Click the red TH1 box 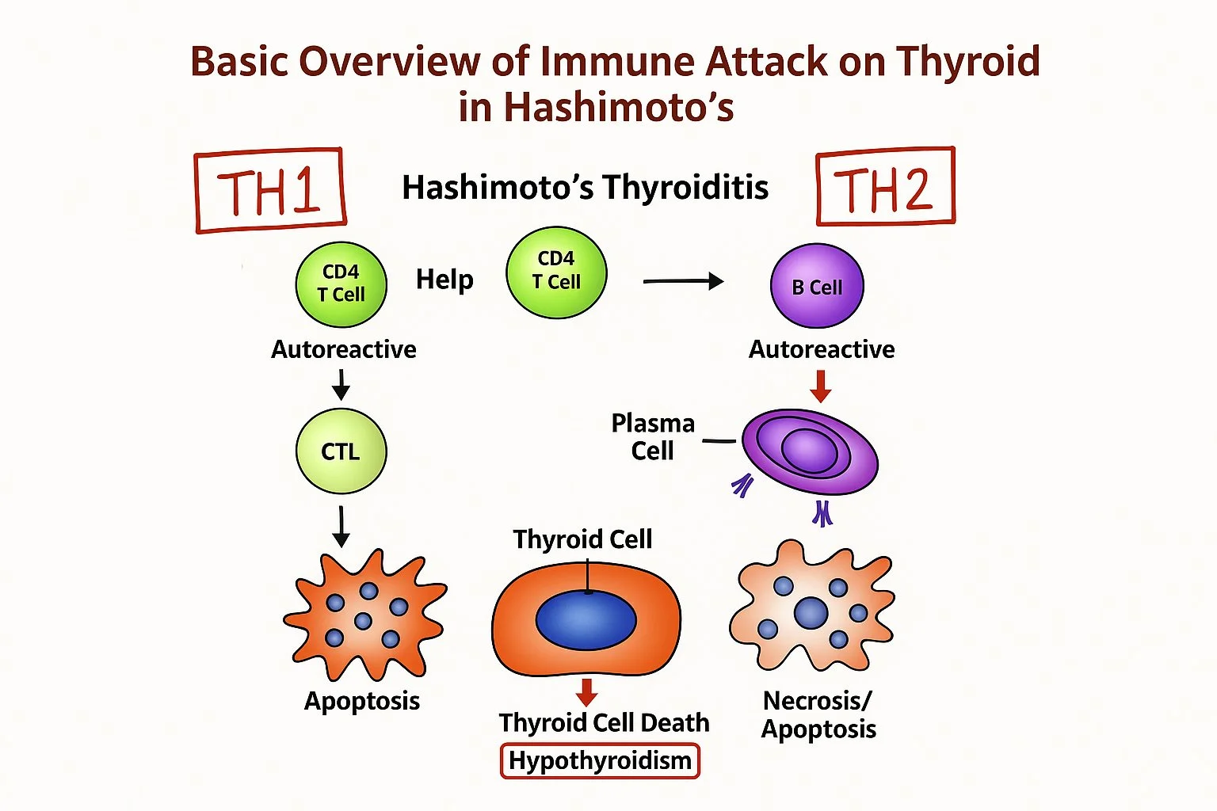coord(270,190)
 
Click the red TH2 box coord(885,187)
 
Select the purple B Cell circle coord(817,286)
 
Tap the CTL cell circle coord(341,451)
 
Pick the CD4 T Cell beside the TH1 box coord(341,284)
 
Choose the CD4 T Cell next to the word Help coord(556,272)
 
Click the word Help coord(444,280)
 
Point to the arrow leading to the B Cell coord(683,281)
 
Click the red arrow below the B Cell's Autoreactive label coord(821,386)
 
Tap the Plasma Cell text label coord(653,436)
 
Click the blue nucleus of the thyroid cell coord(586,619)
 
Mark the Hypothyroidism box coord(600,760)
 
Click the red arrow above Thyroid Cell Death coord(586,691)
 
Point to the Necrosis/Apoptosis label coord(818,714)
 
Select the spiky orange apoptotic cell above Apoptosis coord(364,615)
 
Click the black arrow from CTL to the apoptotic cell coord(341,526)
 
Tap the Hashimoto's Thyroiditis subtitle coord(585,188)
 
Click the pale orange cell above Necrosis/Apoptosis coord(811,607)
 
